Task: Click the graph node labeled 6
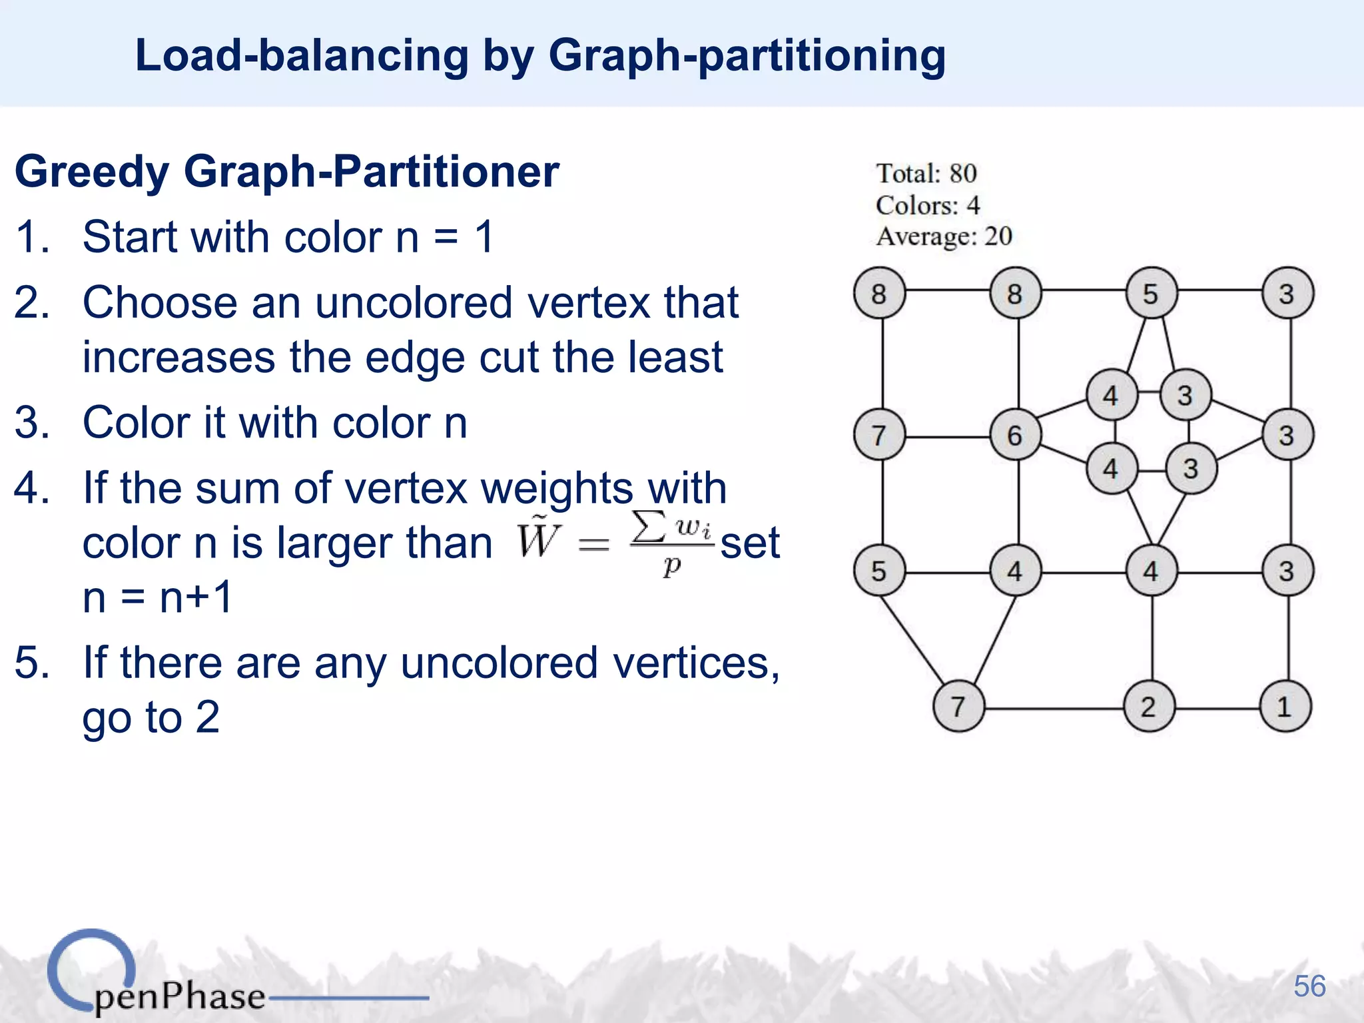[1015, 436]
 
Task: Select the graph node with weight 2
[1149, 707]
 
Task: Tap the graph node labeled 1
[1285, 707]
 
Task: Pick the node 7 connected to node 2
[958, 707]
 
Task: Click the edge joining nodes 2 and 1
[1217, 709]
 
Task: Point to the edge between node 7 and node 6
[948, 437]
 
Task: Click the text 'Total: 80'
[926, 174]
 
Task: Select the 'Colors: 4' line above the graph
[928, 205]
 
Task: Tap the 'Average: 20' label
[944, 236]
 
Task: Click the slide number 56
[1309, 986]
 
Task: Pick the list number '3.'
[32, 423]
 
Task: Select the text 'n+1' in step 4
[196, 597]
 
